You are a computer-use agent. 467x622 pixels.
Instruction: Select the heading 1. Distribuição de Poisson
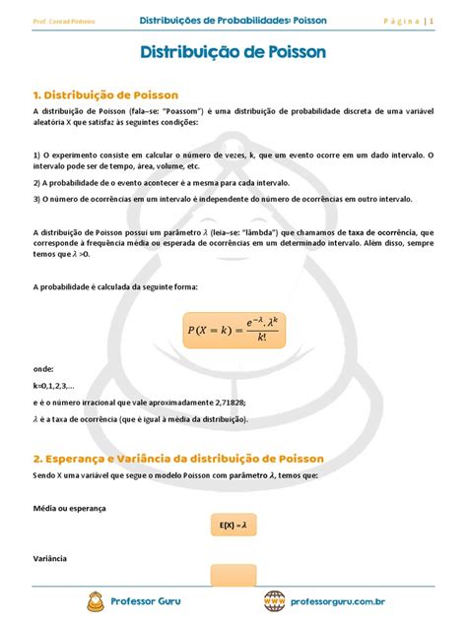tap(105, 94)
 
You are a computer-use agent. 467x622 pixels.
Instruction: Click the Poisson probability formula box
tap(233, 331)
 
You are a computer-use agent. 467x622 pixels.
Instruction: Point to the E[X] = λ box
tap(233, 527)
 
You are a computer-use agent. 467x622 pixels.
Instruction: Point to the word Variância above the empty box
tap(50, 558)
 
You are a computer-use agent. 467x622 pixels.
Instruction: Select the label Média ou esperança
tap(70, 508)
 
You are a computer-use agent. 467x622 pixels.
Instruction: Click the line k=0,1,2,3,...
tap(60, 385)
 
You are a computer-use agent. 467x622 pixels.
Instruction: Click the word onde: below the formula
tap(44, 367)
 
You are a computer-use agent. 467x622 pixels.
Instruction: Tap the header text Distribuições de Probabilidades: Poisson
tap(233, 20)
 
